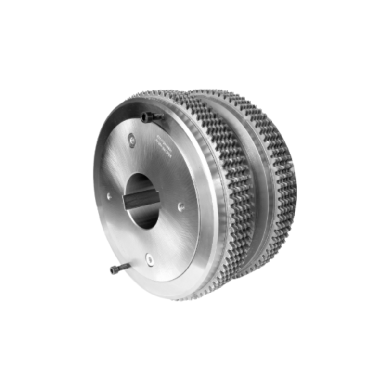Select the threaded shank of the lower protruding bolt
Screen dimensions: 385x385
pos(123,268)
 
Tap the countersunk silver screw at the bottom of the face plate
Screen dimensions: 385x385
pos(150,259)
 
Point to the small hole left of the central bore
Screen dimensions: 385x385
pos(110,196)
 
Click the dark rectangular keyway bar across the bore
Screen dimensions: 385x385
pos(141,198)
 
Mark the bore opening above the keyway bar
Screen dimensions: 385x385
pos(141,183)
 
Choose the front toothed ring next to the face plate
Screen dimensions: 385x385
pos(226,192)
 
